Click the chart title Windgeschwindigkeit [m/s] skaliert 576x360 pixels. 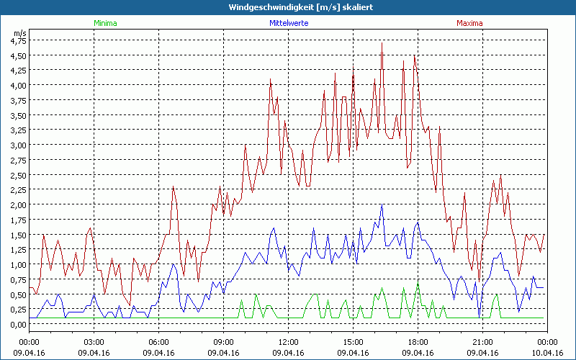(288, 7)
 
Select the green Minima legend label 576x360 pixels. (105, 23)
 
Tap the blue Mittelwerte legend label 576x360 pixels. (288, 23)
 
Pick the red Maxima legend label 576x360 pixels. (470, 23)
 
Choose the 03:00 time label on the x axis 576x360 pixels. (94, 341)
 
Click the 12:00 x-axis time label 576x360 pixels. (288, 341)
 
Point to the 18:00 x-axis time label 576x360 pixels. (418, 341)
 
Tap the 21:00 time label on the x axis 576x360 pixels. (482, 341)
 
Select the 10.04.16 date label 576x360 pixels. (547, 353)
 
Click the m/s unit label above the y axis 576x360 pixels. (19, 33)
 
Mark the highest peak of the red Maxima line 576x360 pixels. (382, 43)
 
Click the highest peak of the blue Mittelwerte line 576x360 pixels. (382, 205)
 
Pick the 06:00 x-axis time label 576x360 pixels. (158, 341)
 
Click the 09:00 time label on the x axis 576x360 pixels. (223, 341)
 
